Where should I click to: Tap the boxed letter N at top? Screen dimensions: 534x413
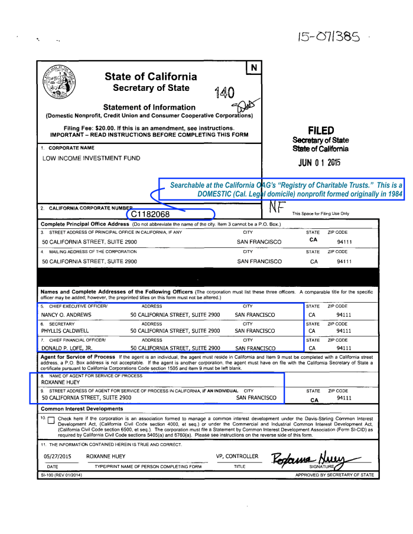(x=253, y=68)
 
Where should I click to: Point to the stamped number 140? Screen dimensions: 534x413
(x=225, y=92)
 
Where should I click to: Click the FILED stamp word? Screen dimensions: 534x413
(x=321, y=130)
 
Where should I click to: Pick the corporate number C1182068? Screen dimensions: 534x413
(x=151, y=214)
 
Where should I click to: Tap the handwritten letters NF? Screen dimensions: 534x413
(x=277, y=207)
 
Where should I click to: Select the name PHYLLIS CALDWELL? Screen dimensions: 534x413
(x=65, y=331)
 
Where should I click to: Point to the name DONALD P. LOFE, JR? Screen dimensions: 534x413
(x=66, y=348)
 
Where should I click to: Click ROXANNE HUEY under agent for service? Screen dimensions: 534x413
(x=60, y=382)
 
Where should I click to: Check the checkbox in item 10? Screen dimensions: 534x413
(x=50, y=421)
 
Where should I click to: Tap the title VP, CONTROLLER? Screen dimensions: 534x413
(x=237, y=456)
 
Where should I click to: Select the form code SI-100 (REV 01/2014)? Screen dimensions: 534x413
(x=61, y=474)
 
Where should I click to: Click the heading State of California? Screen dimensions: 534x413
(x=151, y=77)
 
